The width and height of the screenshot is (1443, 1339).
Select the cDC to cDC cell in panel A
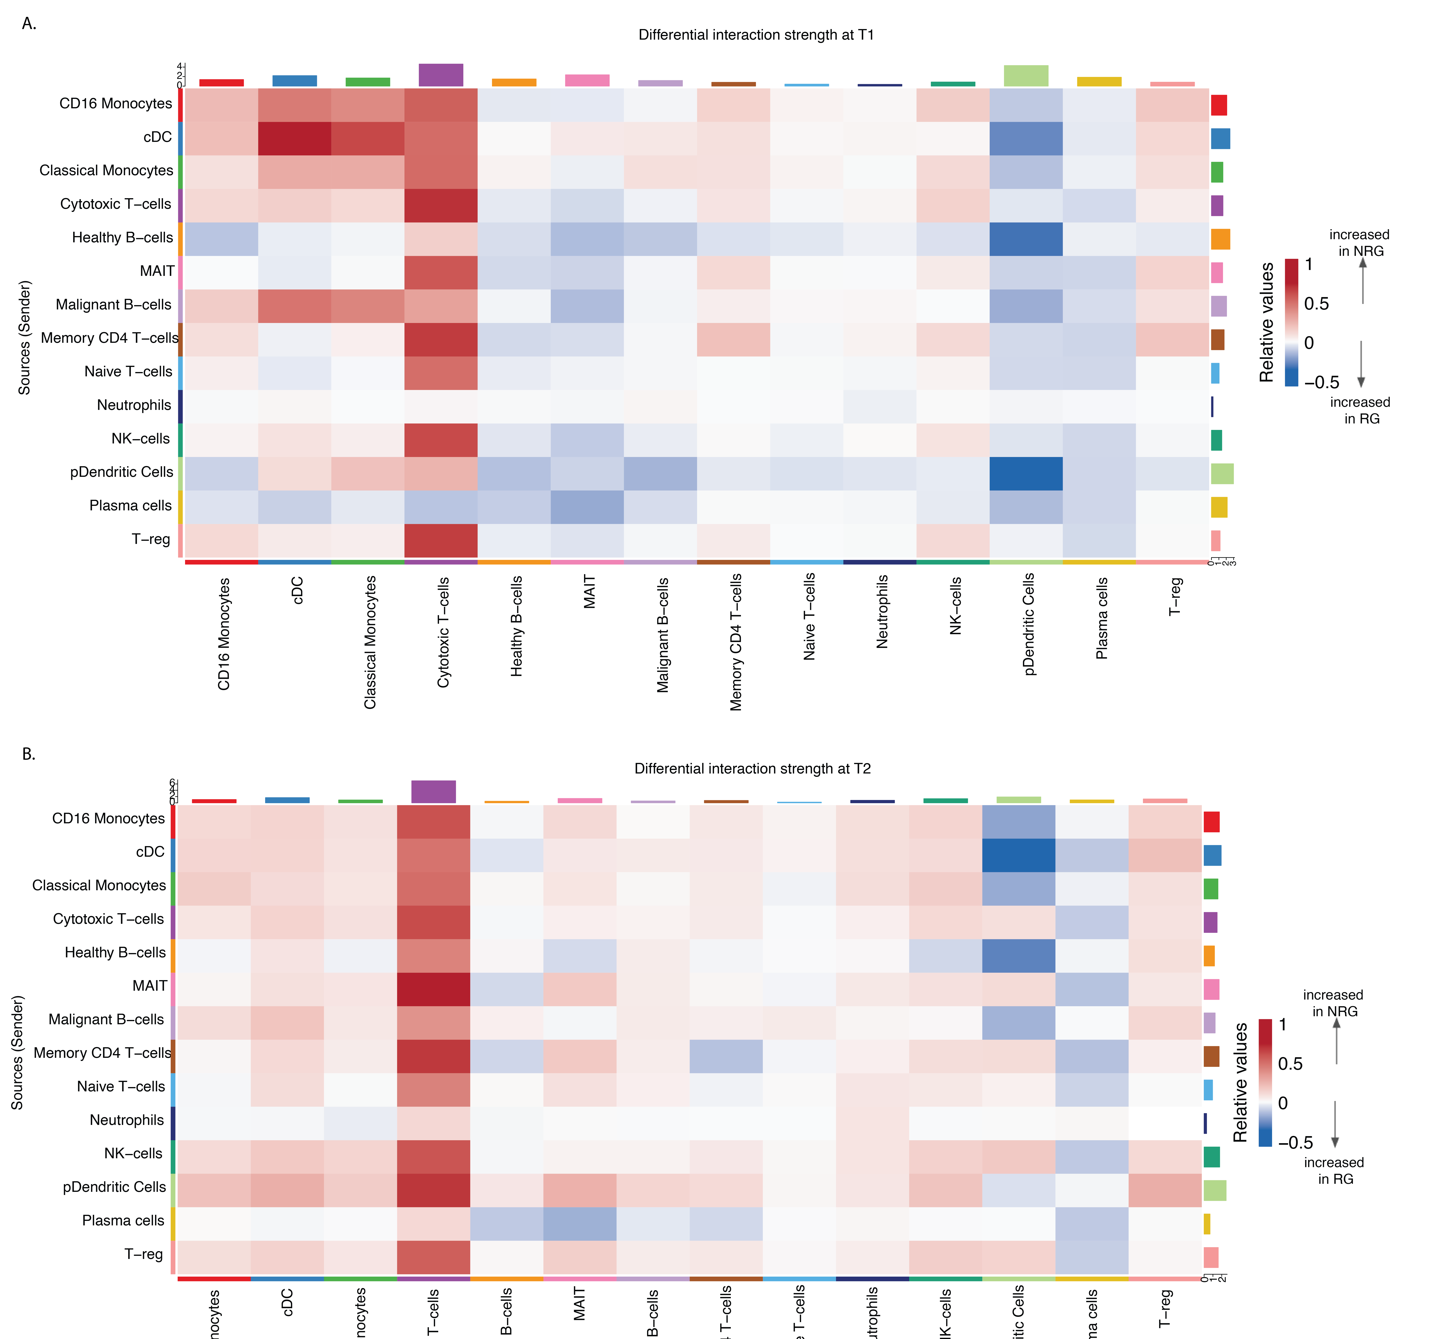pyautogui.click(x=294, y=138)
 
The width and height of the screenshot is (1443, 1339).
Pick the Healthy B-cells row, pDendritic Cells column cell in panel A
pyautogui.click(x=1026, y=239)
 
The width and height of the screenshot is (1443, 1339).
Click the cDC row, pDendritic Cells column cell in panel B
pyautogui.click(x=1018, y=855)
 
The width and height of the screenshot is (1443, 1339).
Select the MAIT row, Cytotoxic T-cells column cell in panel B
pyautogui.click(x=433, y=989)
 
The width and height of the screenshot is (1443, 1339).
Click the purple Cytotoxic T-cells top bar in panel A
pyautogui.click(x=441, y=75)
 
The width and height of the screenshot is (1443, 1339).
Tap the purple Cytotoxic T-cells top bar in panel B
pyautogui.click(x=433, y=792)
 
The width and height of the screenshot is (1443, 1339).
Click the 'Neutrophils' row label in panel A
pyautogui.click(x=134, y=405)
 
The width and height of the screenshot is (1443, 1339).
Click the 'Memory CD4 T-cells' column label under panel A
pyautogui.click(x=736, y=642)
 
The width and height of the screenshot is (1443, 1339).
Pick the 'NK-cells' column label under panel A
pyautogui.click(x=955, y=606)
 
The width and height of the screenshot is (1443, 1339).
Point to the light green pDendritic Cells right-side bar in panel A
pyautogui.click(x=1222, y=474)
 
